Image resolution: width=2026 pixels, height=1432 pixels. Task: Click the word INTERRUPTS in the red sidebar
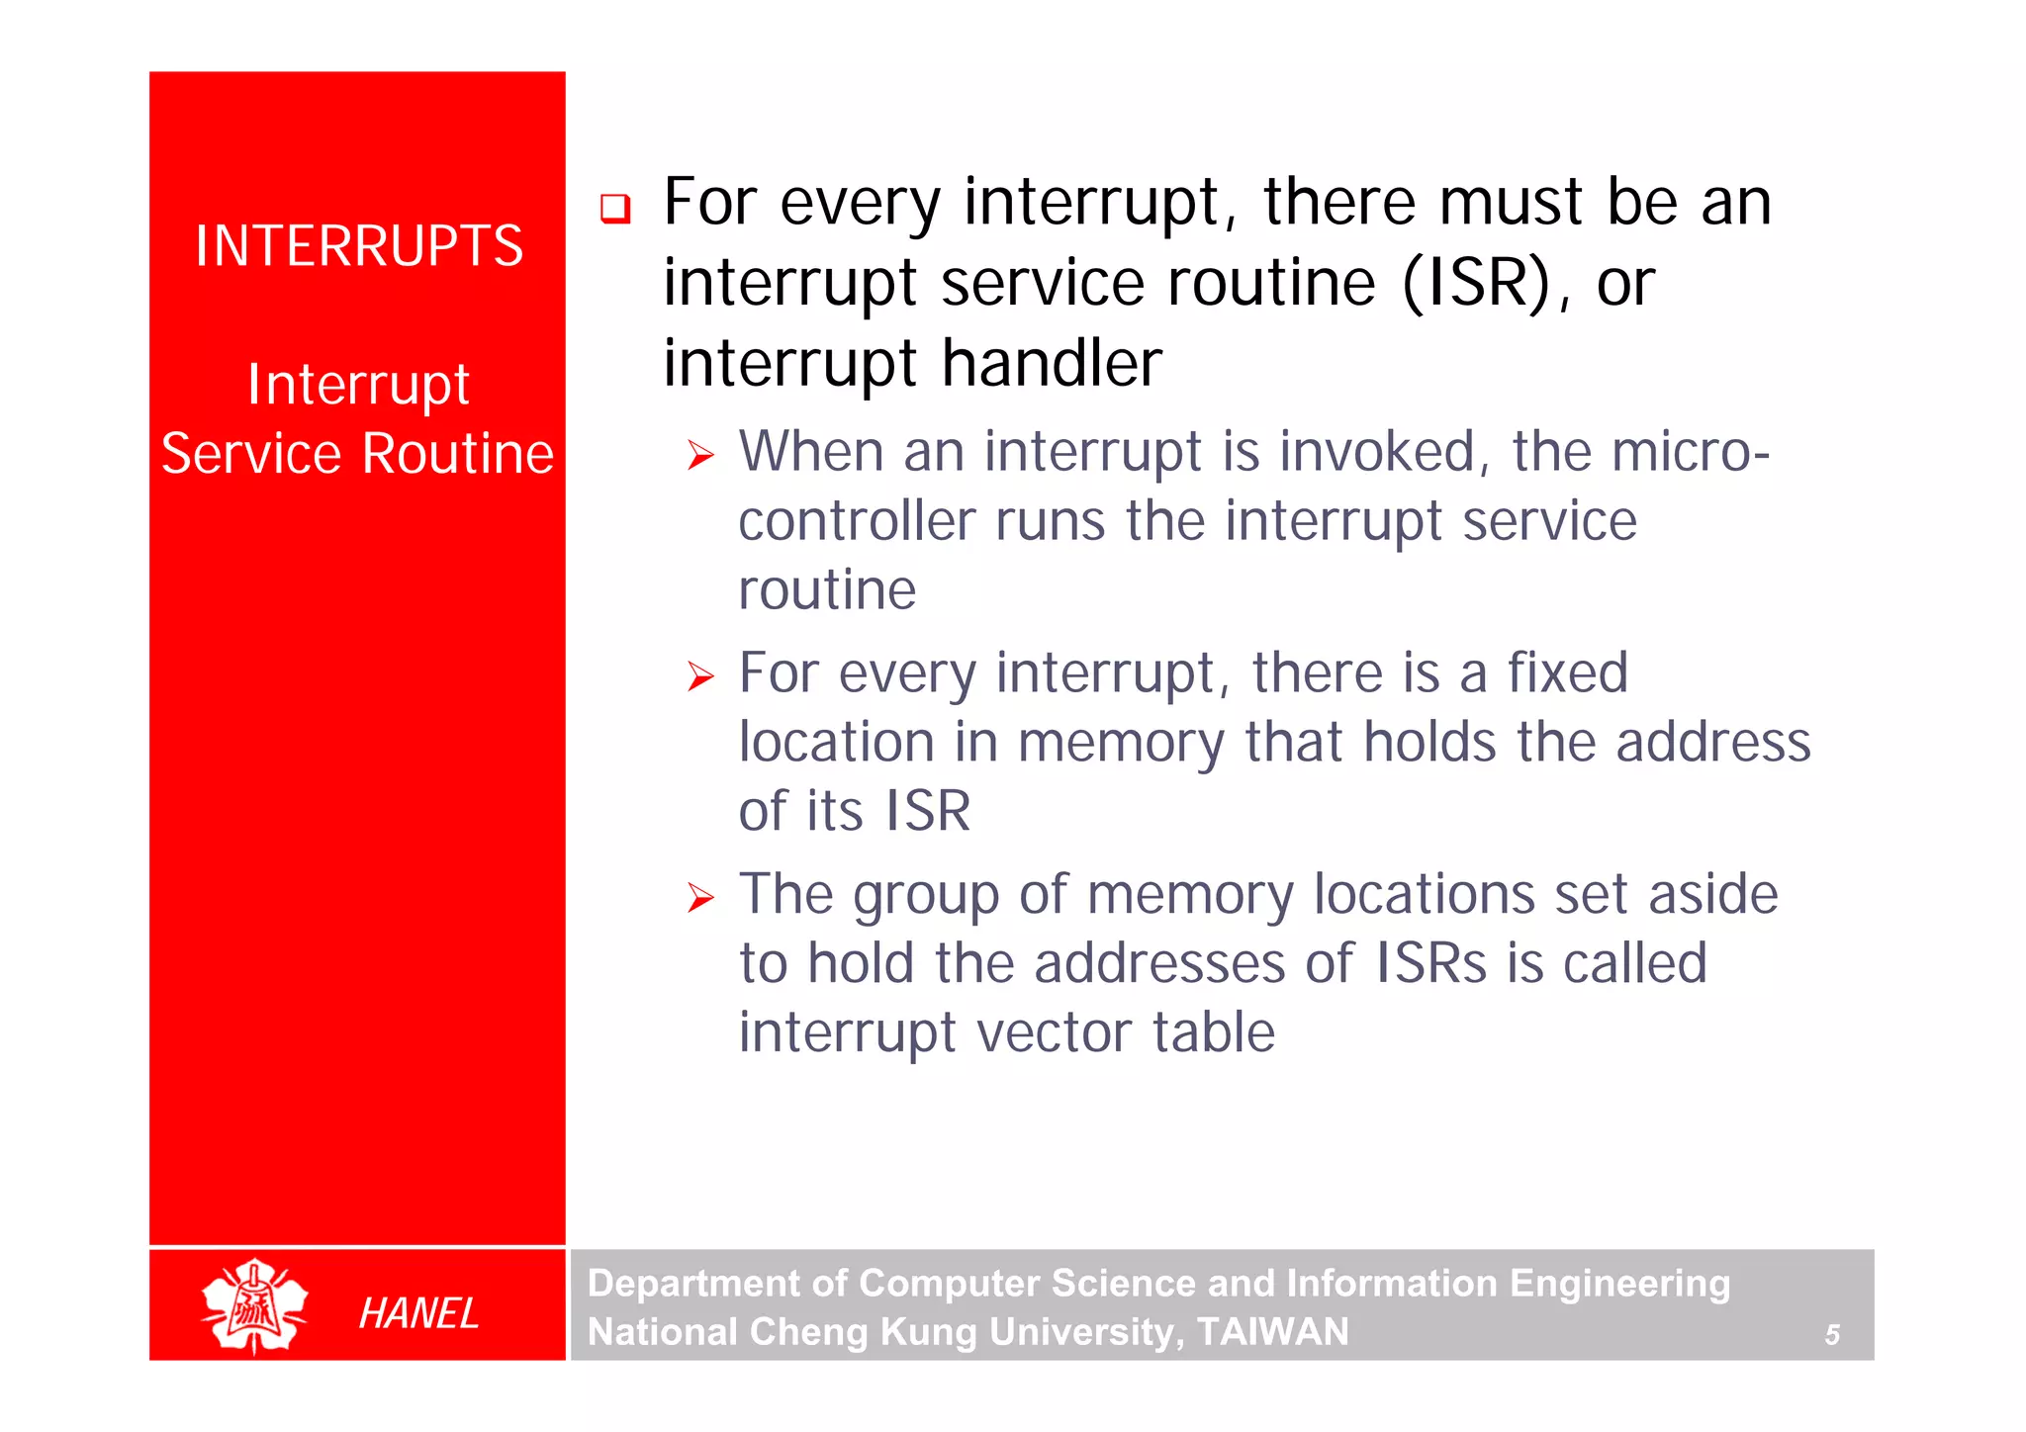point(358,246)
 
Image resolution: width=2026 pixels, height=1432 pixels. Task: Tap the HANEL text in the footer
point(418,1313)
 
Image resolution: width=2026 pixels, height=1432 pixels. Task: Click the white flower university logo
point(254,1306)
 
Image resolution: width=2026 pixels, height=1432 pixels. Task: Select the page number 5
point(1831,1335)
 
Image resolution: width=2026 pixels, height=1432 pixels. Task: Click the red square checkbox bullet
point(615,209)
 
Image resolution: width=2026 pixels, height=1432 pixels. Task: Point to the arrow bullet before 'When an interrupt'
point(700,456)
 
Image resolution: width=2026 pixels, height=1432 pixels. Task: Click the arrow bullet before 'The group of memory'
point(700,898)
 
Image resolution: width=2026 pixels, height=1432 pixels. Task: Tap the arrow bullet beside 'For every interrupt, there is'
point(700,677)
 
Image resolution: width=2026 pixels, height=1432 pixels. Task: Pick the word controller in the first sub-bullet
point(856,521)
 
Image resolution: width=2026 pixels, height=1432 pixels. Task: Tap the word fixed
point(1567,673)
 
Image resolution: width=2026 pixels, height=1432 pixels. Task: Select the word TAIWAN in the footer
point(1272,1332)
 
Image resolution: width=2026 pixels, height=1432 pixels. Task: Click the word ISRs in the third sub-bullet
point(1430,963)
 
